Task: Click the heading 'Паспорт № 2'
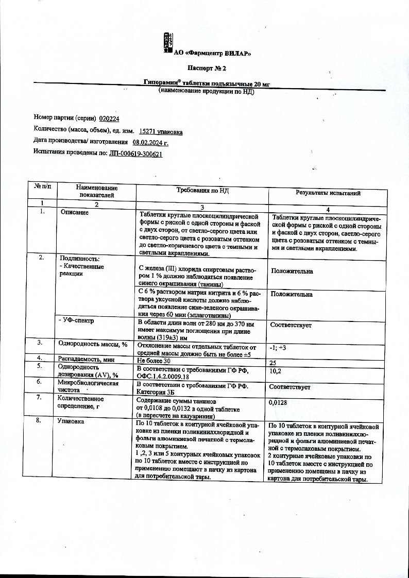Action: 206,67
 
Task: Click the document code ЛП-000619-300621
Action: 136,153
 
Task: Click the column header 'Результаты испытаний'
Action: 328,193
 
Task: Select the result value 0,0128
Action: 278,402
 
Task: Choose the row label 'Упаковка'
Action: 72,421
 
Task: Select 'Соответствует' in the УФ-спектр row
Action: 291,325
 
